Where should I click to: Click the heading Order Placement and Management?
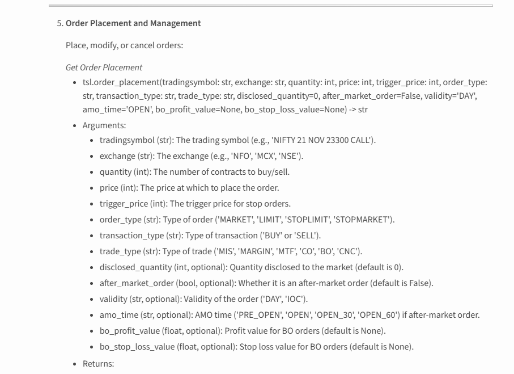(x=133, y=23)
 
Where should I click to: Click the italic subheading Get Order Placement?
(x=104, y=68)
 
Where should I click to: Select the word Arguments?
(x=104, y=125)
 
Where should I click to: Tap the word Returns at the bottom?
(x=98, y=363)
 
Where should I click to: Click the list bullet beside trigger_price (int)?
(x=93, y=204)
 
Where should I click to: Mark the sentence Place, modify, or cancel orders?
(x=124, y=45)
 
